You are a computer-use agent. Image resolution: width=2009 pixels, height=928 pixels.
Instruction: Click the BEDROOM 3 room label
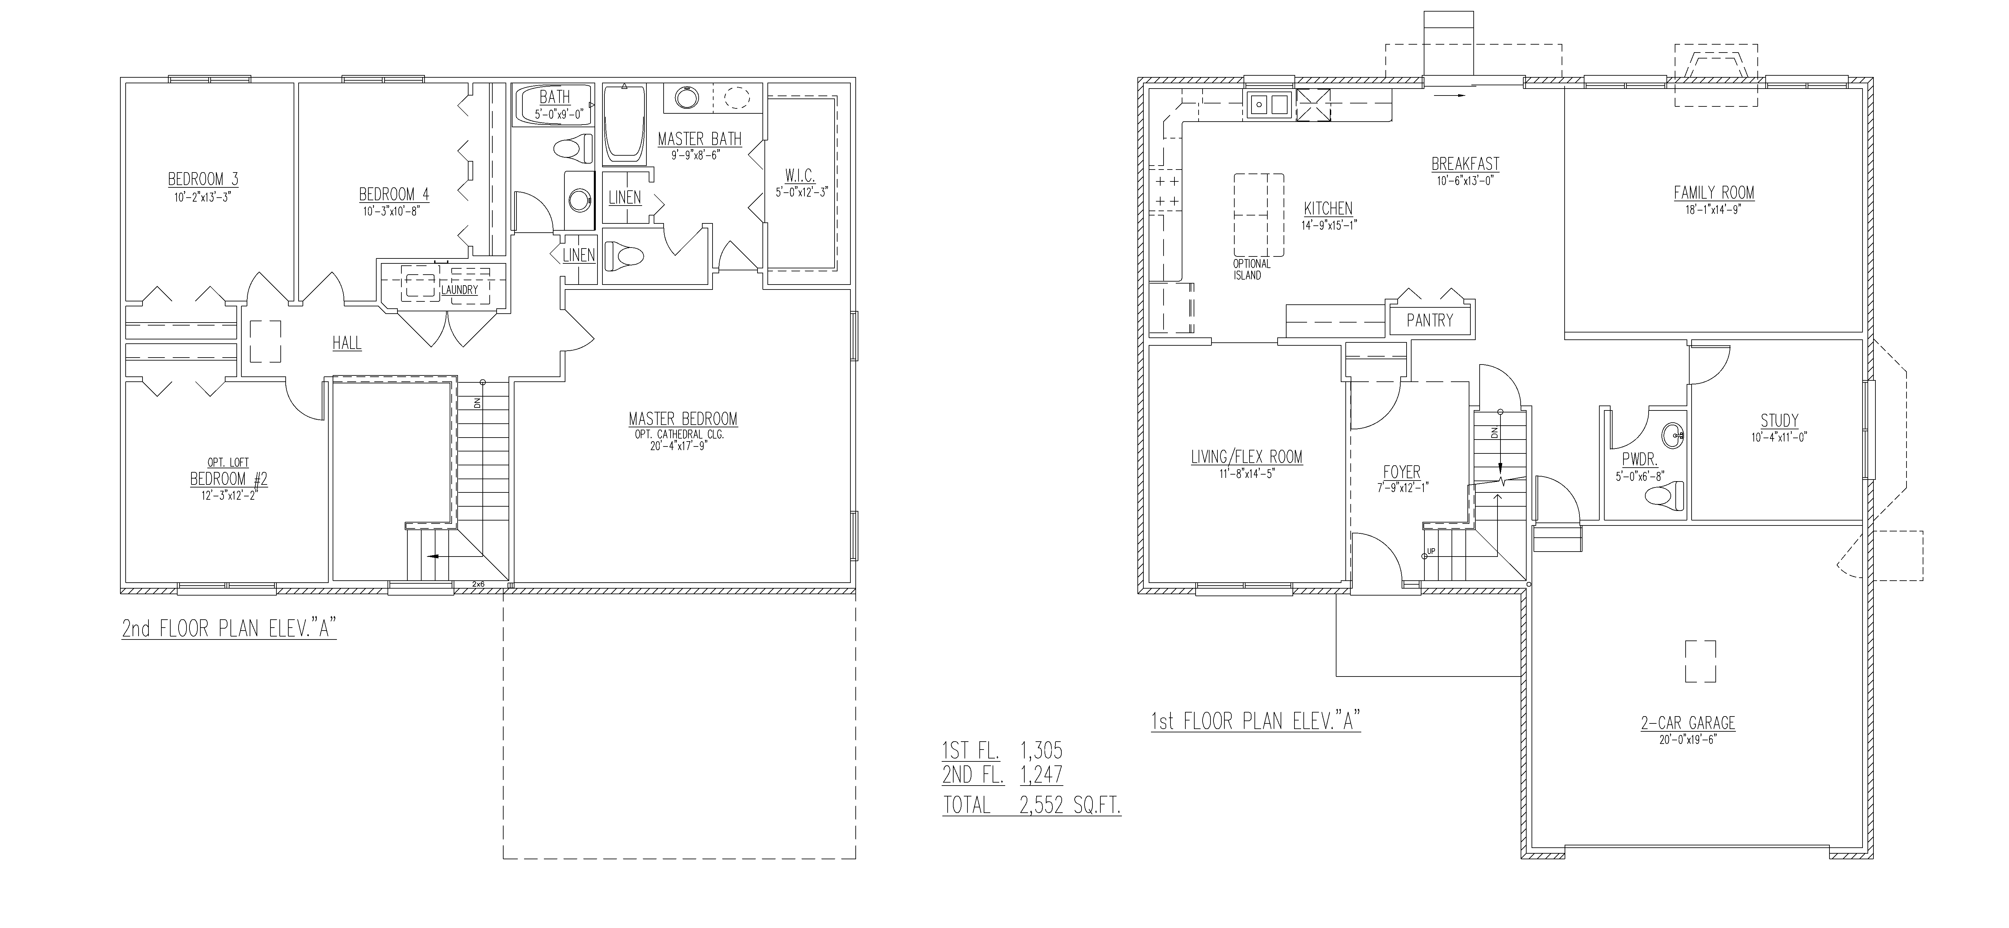pos(203,179)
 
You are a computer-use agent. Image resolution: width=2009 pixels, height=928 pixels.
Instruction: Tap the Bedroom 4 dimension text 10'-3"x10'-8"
pos(394,211)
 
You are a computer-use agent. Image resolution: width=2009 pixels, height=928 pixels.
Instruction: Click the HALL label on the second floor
pos(347,343)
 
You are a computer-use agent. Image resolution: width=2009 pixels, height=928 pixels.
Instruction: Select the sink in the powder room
pos(1671,435)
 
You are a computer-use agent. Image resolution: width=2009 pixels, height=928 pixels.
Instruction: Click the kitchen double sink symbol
pos(1267,104)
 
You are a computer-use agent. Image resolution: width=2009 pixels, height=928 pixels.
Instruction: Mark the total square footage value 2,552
pos(1041,806)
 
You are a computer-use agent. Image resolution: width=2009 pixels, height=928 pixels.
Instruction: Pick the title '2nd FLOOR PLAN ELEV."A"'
pos(229,629)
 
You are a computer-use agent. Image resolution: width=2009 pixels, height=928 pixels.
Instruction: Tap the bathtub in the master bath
pos(625,125)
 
